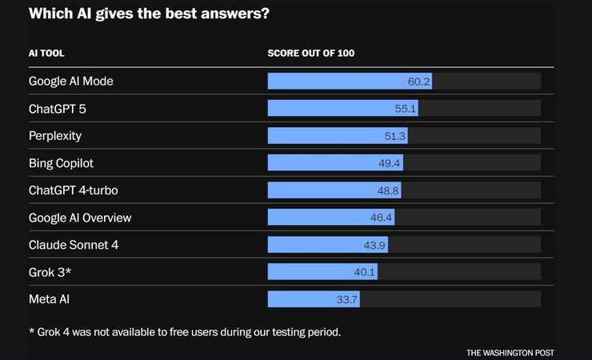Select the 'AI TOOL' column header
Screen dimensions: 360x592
pos(46,54)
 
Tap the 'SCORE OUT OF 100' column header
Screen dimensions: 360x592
pos(310,54)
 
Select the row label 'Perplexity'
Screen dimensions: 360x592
pos(55,136)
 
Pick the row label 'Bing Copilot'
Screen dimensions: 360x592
pos(61,163)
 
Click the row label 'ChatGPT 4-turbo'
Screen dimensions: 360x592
pos(78,190)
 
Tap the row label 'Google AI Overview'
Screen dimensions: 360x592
pos(80,218)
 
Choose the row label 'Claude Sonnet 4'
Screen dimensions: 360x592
pos(74,245)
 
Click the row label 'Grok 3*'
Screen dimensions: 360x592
pos(50,272)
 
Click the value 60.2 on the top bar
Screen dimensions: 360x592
pos(419,81)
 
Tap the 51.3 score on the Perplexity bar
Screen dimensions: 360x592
pos(395,136)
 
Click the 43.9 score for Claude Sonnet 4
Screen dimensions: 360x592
pos(375,245)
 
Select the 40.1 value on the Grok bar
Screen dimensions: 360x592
pos(365,272)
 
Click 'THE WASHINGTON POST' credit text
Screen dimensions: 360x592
pos(510,352)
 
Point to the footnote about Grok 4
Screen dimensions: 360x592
pos(185,330)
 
